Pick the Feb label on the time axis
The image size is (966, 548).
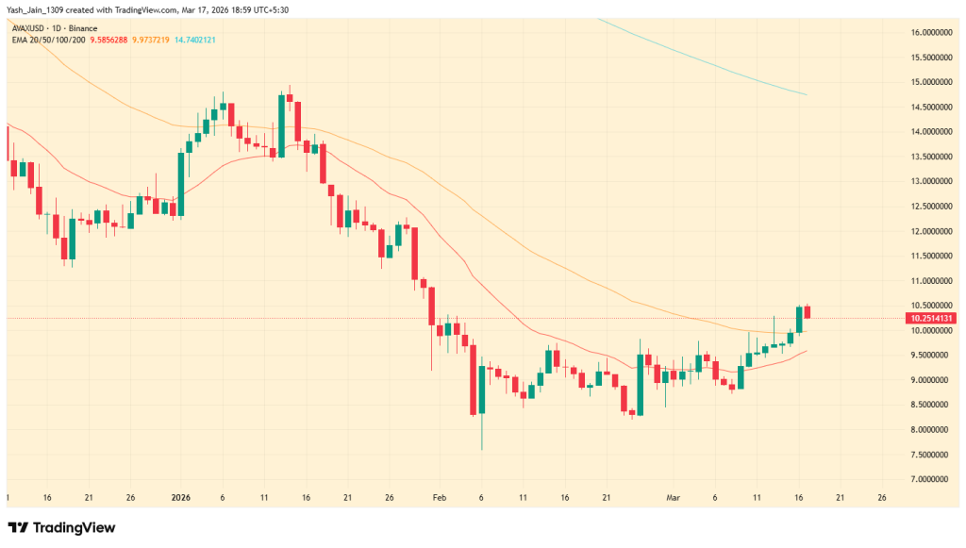pos(440,497)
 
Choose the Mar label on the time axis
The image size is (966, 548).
pos(672,497)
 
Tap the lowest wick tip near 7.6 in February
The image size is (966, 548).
pos(482,450)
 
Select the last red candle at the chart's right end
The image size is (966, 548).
pos(808,312)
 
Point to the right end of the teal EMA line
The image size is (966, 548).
pos(805,94)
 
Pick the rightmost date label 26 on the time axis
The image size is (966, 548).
pos(881,497)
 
